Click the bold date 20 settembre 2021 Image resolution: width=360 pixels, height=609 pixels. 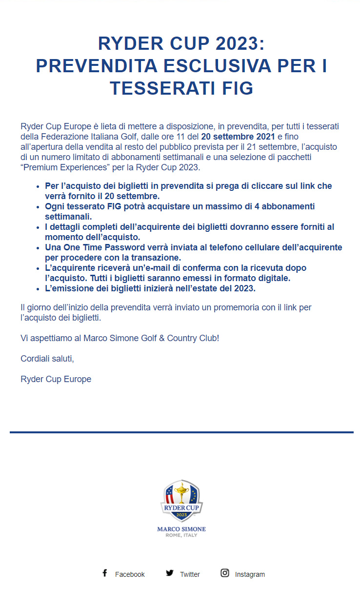click(238, 136)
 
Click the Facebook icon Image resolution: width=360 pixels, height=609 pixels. click(104, 573)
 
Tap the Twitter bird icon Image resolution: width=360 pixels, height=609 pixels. click(169, 573)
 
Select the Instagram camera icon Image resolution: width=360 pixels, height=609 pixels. click(224, 573)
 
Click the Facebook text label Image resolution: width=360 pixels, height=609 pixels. click(130, 574)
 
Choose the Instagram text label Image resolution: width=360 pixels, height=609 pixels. click(250, 574)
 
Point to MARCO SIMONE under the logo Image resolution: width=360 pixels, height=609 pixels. click(181, 529)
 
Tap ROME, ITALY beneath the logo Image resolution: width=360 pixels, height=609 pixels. click(181, 535)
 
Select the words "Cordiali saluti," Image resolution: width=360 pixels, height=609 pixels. click(47, 359)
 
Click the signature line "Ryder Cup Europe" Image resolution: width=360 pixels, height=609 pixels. click(56, 379)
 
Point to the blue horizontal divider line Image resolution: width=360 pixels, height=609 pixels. click(181, 432)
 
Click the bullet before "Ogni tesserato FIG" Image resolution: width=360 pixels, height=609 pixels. click(39, 207)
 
